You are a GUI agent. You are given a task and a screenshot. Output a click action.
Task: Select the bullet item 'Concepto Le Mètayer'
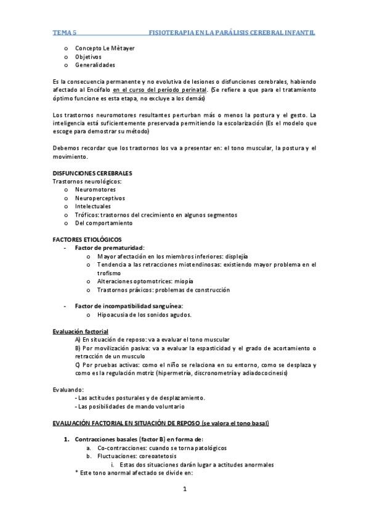pos(105,47)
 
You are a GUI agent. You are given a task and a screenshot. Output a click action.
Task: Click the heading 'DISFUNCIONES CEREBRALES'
pos(92,173)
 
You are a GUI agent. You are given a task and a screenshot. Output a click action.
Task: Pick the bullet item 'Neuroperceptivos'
pos(100,198)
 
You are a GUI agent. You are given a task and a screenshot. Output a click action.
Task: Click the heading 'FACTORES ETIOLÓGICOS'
pos(87,239)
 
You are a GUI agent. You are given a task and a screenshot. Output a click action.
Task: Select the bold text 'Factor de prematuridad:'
pos(109,247)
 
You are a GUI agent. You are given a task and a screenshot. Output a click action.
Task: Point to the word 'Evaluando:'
pos(68,390)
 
